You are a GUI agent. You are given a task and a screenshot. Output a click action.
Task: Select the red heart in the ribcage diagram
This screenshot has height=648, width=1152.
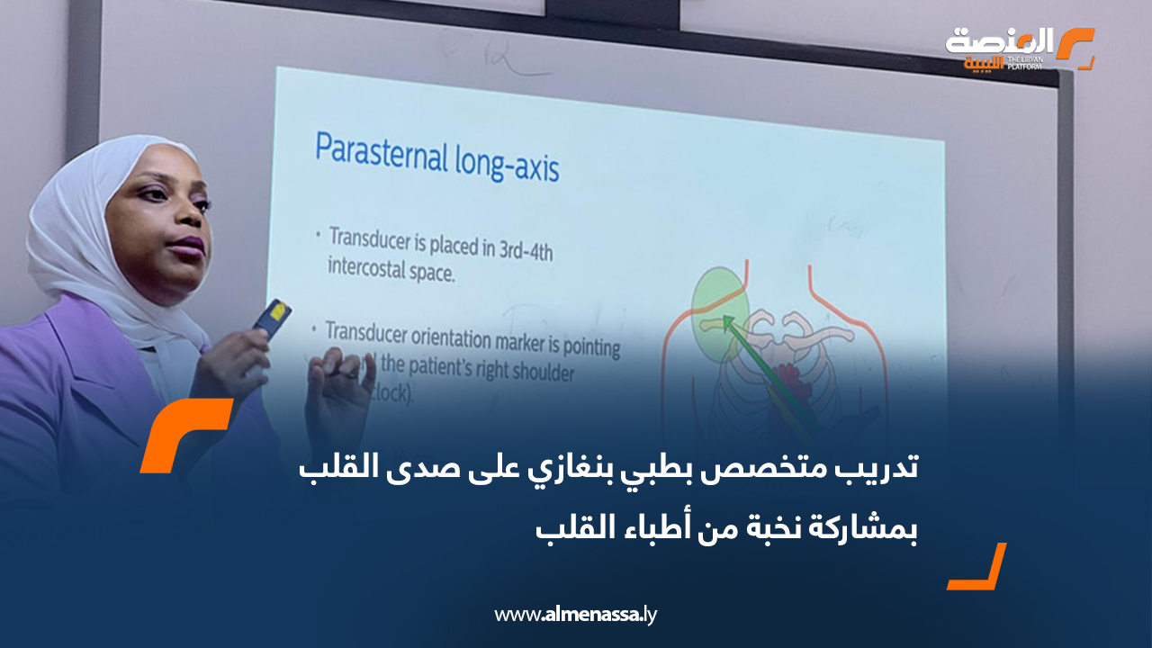(792, 378)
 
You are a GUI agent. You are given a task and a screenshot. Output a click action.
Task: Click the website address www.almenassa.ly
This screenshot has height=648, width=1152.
(576, 616)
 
